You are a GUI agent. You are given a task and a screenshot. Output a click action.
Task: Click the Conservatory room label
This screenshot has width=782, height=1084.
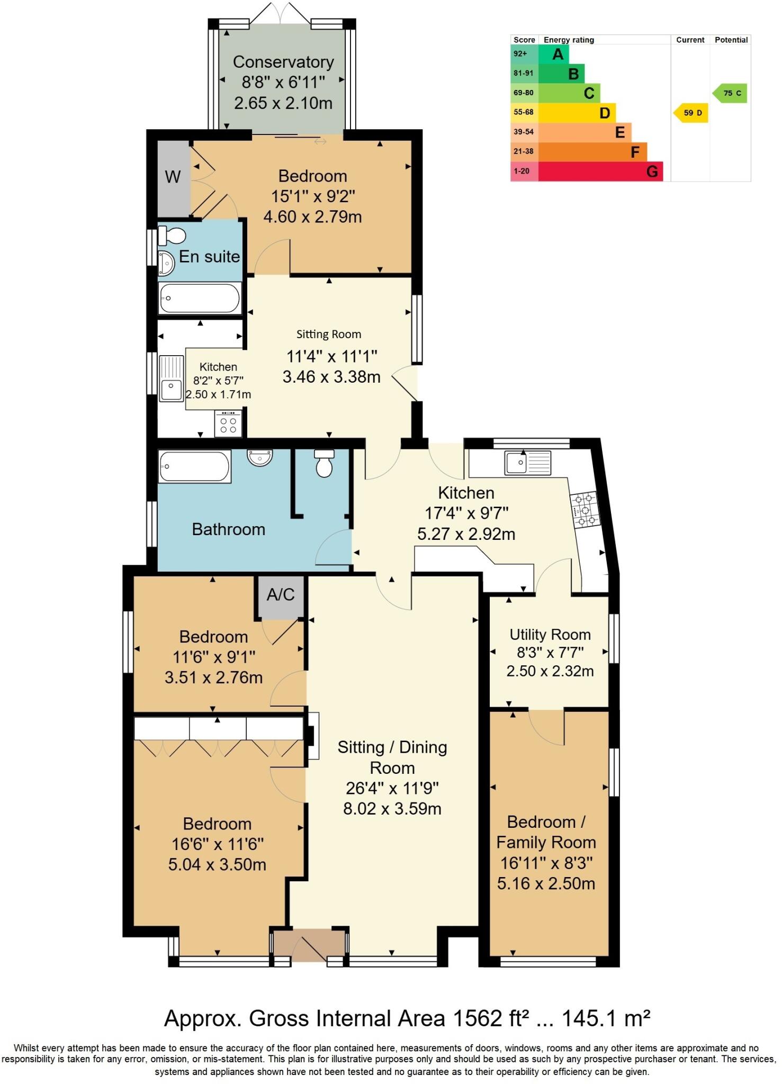[283, 62]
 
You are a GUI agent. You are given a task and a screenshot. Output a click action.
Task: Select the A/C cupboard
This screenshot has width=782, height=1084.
[280, 595]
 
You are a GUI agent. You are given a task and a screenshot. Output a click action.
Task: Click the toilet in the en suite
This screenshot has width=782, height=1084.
[172, 235]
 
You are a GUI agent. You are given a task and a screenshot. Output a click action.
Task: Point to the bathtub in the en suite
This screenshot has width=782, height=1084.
[200, 298]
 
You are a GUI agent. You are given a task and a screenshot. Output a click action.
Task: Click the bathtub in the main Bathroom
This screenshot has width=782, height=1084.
[194, 466]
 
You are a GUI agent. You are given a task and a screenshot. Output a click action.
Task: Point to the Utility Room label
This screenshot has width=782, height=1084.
[550, 635]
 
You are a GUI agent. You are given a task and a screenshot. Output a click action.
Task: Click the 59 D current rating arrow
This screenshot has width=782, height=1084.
[691, 113]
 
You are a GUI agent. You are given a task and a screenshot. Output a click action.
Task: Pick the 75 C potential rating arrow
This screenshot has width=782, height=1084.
[731, 93]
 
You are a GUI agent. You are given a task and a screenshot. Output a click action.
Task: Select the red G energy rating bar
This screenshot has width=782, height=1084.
[600, 171]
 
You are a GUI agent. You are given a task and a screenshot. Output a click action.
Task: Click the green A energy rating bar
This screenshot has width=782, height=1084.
[553, 54]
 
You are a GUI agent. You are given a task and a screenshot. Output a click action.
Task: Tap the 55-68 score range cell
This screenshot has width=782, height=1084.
[524, 112]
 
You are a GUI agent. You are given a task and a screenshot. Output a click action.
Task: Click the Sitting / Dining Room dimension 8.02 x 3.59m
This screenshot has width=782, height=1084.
[392, 809]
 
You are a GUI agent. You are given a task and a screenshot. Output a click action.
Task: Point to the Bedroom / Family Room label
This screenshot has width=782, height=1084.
[546, 832]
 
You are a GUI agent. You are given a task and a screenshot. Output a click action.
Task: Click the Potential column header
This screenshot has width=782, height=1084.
[731, 40]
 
